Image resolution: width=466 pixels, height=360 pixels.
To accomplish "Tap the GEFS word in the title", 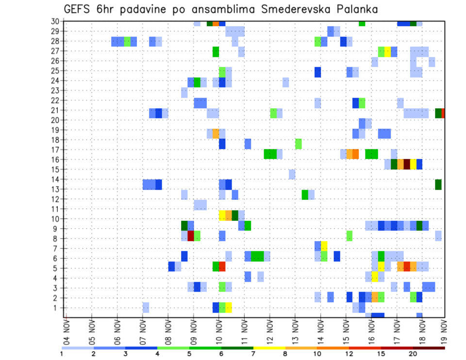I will pyautogui.click(x=80, y=9).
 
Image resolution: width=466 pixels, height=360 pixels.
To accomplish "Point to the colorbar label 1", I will pyautogui.click(x=62, y=354).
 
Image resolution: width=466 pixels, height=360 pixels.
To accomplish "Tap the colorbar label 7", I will pyautogui.click(x=253, y=354).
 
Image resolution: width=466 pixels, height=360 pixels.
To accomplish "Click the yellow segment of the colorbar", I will pyautogui.click(x=269, y=347).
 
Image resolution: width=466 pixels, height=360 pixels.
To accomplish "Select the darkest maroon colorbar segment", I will pyautogui.click(x=429, y=347).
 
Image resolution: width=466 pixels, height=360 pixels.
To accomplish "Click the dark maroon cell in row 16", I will pyautogui.click(x=407, y=164).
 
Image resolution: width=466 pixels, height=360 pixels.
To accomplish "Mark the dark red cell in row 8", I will pyautogui.click(x=191, y=236).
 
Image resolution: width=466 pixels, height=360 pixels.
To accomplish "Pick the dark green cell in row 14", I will pyautogui.click(x=438, y=184).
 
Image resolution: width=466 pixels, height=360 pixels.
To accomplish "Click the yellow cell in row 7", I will pyautogui.click(x=324, y=246).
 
